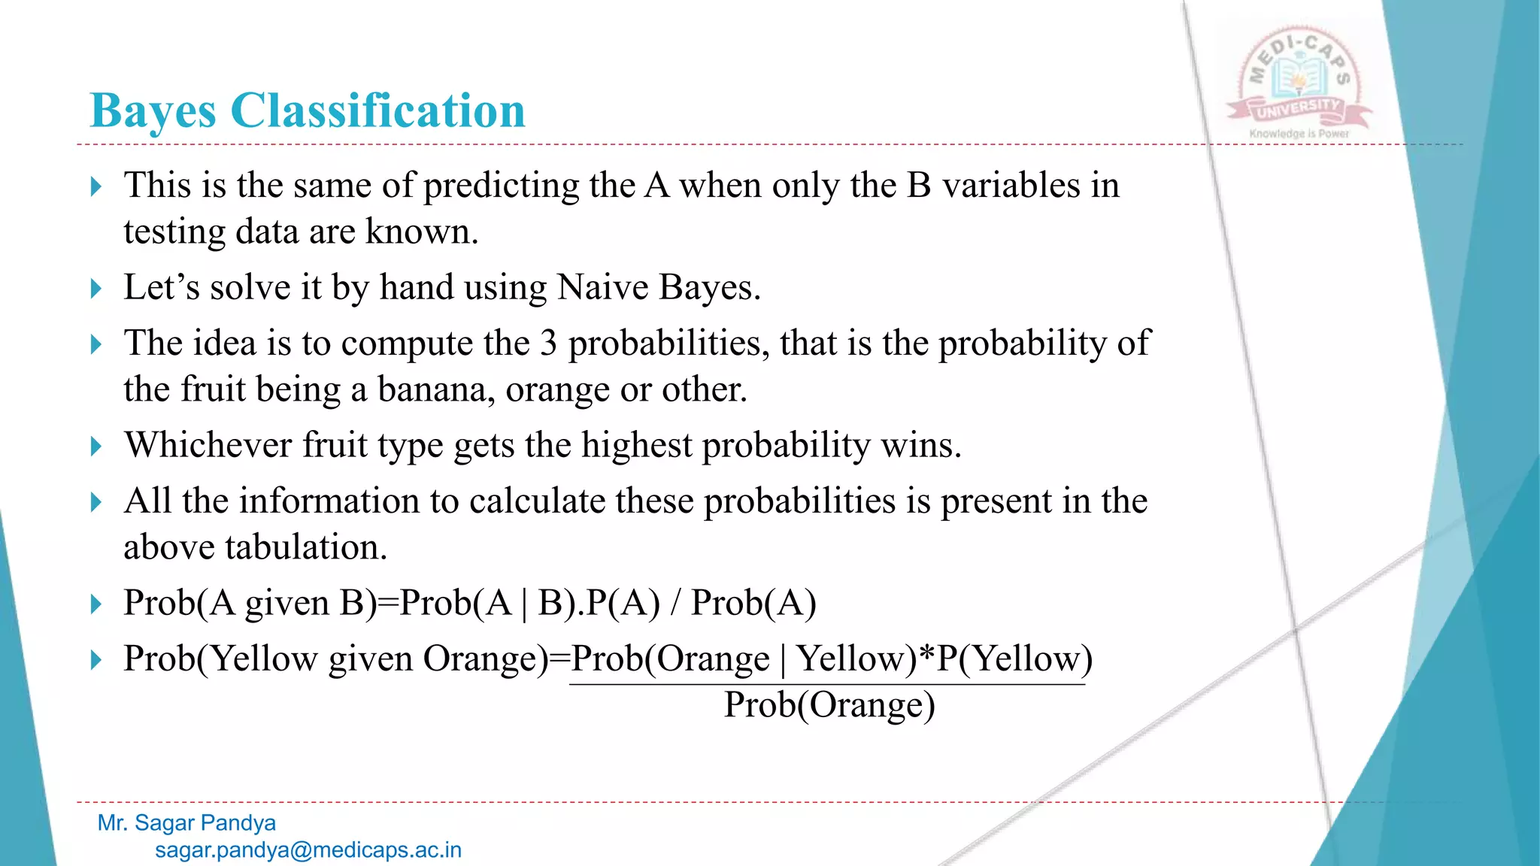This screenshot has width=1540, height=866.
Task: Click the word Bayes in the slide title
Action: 153,111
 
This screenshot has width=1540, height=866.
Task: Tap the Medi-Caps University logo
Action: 1299,84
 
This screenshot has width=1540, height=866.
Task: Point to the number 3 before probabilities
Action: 548,344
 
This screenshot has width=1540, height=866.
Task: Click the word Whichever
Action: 208,445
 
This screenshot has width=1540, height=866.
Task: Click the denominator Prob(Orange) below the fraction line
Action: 829,706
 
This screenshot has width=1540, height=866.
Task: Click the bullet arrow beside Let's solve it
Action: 95,289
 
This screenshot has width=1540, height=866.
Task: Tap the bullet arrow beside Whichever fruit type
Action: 95,447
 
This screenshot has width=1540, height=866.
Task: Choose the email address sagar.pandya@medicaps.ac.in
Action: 308,850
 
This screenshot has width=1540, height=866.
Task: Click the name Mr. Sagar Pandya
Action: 186,823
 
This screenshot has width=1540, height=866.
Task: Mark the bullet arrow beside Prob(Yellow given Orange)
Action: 95,660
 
